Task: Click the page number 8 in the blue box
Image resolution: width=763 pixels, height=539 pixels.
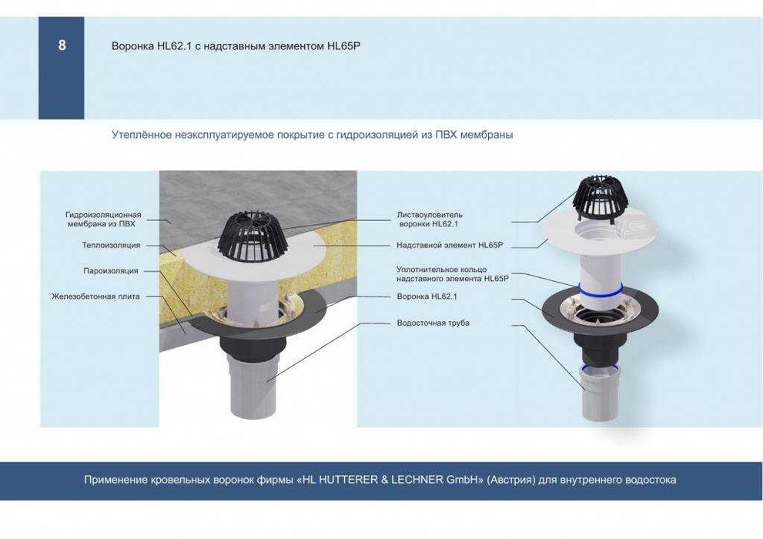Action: click(x=62, y=45)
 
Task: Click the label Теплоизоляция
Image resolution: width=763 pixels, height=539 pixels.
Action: click(x=111, y=245)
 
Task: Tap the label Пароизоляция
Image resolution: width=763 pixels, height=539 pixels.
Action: click(x=110, y=271)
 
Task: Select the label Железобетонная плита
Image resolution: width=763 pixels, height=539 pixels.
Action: click(x=96, y=296)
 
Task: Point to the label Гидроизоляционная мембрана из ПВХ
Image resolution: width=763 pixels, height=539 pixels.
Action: click(x=103, y=219)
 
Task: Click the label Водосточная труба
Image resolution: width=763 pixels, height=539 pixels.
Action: click(x=433, y=323)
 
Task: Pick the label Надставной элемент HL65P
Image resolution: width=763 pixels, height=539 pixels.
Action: click(x=450, y=245)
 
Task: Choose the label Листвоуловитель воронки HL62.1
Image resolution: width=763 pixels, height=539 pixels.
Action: click(x=429, y=219)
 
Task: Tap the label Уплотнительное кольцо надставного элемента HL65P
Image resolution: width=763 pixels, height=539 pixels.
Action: click(x=453, y=274)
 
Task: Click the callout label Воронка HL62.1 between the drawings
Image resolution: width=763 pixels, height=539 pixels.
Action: click(x=427, y=296)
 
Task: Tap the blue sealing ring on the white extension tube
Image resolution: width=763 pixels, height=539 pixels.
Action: click(x=600, y=291)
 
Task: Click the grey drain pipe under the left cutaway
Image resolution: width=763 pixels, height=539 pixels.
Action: click(x=252, y=388)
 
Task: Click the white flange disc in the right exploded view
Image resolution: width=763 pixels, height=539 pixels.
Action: click(x=602, y=231)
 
